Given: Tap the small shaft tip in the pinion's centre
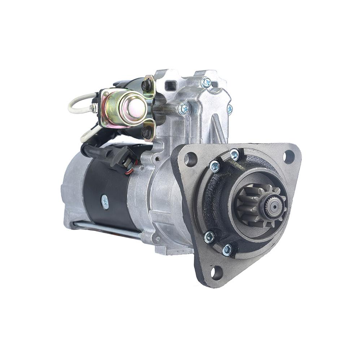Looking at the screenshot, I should (274, 206).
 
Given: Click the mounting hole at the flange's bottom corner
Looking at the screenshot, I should (217, 273).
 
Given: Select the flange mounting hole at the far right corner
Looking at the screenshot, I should (288, 157).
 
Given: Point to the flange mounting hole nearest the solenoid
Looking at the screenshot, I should (190, 159).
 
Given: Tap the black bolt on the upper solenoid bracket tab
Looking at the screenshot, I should (147, 85).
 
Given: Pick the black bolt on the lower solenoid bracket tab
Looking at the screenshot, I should (146, 133).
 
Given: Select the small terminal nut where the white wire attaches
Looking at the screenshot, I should (93, 108).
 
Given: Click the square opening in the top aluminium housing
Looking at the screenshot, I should (170, 86).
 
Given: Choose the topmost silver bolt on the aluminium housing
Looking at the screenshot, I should (206, 82).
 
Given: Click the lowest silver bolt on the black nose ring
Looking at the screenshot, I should (227, 250).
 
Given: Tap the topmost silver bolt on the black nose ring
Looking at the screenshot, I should (235, 155).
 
